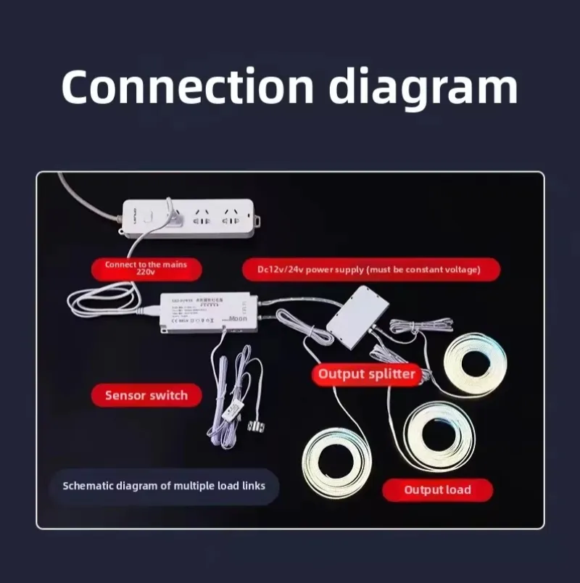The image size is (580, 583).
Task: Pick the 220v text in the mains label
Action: [145, 273]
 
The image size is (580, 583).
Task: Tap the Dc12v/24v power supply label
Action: [370, 270]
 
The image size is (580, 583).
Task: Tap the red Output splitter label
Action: [367, 374]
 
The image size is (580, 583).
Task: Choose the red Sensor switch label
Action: [146, 395]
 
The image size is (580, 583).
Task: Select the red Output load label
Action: [437, 489]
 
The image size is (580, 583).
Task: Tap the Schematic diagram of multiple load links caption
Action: [164, 486]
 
